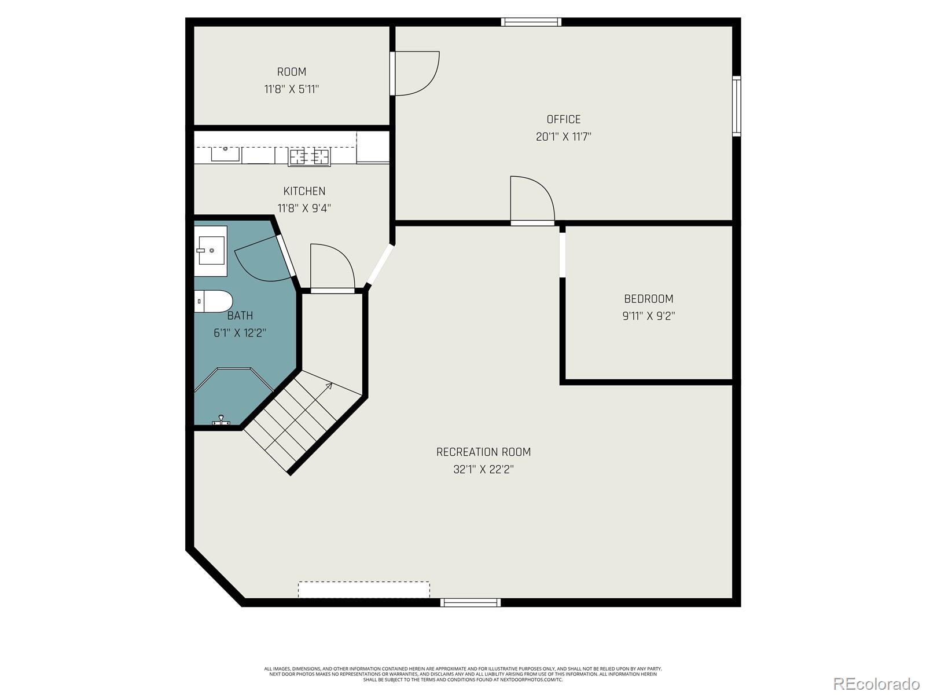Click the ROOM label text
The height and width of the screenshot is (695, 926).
291,72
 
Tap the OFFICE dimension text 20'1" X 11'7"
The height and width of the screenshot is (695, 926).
563,137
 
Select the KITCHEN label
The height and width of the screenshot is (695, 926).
304,191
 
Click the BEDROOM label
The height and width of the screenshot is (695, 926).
648,299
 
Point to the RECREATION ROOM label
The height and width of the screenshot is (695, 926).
483,452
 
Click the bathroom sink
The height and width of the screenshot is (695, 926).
211,251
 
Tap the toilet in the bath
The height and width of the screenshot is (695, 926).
213,301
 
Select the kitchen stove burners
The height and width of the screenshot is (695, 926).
309,156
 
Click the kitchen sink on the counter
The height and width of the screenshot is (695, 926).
225,153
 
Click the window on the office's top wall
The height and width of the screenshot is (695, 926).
531,22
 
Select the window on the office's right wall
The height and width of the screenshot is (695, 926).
737,107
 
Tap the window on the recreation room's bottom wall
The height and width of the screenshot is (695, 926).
470,602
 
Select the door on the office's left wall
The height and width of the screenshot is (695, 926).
416,73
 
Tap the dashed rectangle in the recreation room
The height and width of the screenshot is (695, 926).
363,590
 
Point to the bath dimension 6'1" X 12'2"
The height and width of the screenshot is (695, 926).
240,333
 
